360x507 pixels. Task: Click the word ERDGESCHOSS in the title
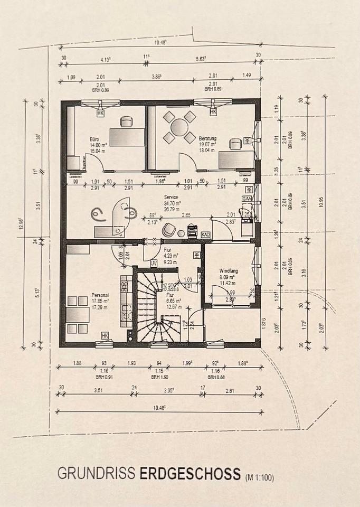(x=190, y=473)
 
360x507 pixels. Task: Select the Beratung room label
(x=207, y=138)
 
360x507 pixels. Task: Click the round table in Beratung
(x=179, y=127)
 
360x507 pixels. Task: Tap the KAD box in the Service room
(x=206, y=234)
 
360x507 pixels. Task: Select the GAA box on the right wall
(x=247, y=199)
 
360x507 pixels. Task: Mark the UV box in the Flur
(x=154, y=262)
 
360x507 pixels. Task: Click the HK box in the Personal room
(x=105, y=335)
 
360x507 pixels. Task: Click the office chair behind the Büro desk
(x=126, y=122)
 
